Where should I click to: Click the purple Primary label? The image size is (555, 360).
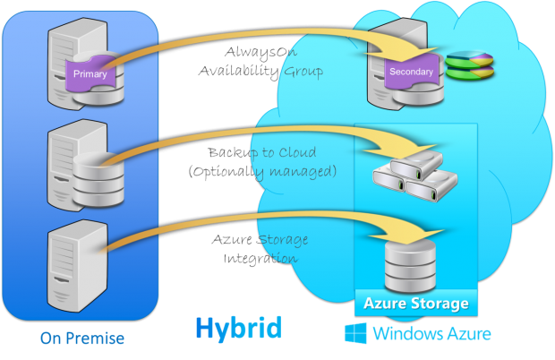coord(90,73)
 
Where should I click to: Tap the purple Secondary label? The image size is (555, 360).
coord(411,70)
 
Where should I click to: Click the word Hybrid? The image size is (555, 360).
coord(238,327)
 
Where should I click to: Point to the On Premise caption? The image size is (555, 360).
coord(81,339)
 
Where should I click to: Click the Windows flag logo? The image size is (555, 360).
coord(356,334)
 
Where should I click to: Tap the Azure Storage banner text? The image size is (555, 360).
coord(414,304)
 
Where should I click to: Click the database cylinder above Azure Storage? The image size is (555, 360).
coord(415,261)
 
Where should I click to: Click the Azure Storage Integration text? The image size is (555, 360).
coord(260,249)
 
